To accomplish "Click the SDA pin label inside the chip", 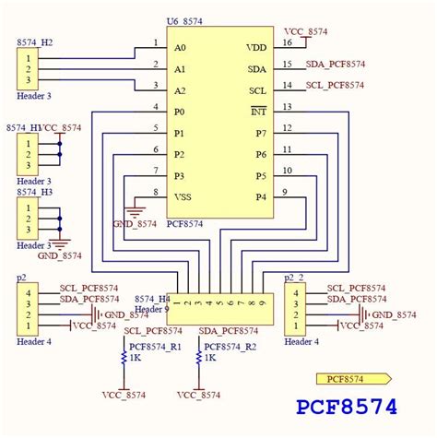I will [256, 69].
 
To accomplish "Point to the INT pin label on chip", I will [259, 112].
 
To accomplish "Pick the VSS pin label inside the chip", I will [183, 196].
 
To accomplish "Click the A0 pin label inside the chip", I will [180, 47].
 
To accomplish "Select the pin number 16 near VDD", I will [288, 41].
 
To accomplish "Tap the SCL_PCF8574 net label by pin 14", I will [336, 85].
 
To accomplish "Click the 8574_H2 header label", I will [35, 42].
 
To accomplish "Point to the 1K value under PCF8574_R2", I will [209, 358].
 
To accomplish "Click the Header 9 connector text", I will [153, 309].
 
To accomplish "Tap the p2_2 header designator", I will [294, 277].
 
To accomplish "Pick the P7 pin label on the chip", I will [261, 134].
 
